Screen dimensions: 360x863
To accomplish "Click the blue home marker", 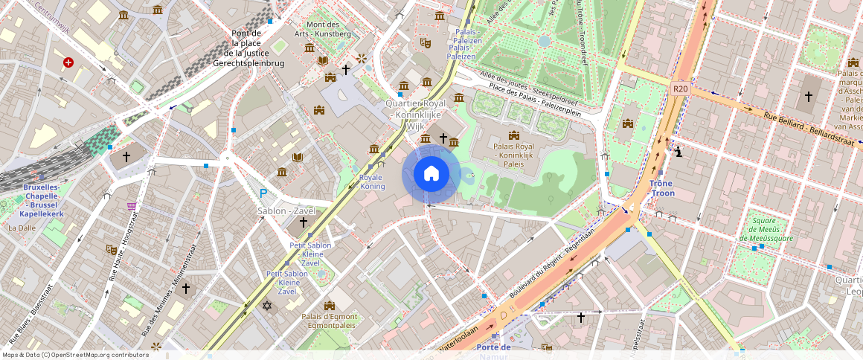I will tap(431, 174).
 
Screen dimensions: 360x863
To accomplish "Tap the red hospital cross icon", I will tap(68, 63).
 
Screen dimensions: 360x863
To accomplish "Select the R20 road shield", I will tap(680, 89).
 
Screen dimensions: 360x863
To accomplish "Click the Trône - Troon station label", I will tap(661, 188).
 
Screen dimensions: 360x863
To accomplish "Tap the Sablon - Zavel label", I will tap(286, 211).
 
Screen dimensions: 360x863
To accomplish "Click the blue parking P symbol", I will tap(263, 193).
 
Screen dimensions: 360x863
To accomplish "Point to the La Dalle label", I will tap(22, 228).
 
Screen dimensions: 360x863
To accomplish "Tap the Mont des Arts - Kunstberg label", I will tap(323, 29).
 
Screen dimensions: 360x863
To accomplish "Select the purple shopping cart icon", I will tap(132, 205).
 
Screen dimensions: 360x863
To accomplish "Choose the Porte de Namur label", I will tap(494, 350).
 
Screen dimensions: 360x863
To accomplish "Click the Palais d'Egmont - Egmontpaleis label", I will tap(330, 321).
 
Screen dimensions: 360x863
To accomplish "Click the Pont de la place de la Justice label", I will tap(248, 48).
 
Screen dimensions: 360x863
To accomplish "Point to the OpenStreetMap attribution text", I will tap(76, 355).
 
